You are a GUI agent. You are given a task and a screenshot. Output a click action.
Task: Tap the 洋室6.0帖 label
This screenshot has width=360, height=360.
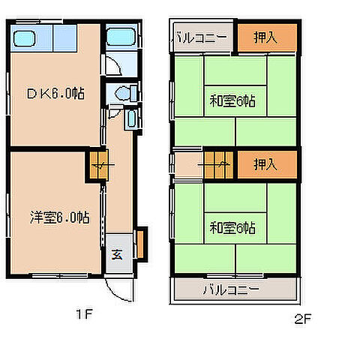pos(51,218)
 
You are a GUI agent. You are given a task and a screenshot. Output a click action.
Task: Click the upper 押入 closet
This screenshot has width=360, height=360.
pos(265,37)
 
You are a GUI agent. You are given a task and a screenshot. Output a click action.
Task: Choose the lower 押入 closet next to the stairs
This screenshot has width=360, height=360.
pos(265,163)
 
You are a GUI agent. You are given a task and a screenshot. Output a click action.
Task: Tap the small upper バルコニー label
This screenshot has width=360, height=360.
pos(202,37)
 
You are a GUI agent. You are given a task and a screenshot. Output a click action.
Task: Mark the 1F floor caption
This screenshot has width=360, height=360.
pos(83,314)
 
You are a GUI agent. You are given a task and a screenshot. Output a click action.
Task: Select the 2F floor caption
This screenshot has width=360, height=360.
pos(302,319)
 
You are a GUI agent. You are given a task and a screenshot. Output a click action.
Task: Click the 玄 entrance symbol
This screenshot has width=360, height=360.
pos(118,253)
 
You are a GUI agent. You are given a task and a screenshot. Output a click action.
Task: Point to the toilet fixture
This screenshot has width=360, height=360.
pos(125,92)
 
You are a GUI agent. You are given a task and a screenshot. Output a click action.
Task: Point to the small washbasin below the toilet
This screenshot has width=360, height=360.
pos(132,119)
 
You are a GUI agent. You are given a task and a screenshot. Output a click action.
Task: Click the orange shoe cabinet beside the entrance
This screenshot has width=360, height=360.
pos(139,241)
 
